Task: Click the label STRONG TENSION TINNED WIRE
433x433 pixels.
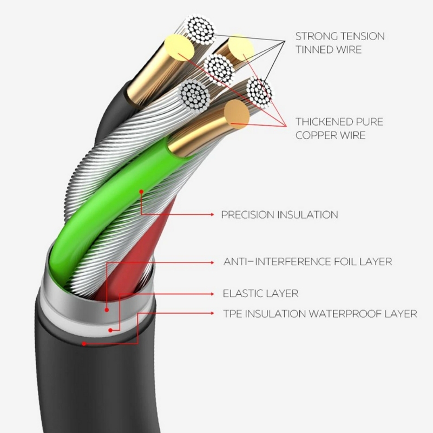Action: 340,43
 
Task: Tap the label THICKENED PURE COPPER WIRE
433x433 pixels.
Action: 339,128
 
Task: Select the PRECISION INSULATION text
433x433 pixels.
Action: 279,214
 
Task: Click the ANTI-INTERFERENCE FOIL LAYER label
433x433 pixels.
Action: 307,261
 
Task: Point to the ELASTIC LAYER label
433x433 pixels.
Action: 260,293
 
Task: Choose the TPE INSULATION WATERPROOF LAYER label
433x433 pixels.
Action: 320,314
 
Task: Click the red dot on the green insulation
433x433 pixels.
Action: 141,192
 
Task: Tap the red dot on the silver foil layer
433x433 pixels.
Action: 107,310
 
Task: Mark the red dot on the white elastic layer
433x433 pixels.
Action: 110,330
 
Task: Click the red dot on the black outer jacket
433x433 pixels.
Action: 84,344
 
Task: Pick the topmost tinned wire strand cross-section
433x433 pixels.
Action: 200,29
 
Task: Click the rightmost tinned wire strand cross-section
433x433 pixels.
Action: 259,91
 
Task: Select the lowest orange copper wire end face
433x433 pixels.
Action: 237,114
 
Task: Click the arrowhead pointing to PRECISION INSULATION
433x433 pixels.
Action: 212,214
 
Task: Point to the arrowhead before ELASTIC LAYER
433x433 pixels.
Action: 212,294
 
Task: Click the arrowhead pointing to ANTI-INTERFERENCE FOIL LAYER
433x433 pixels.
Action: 212,263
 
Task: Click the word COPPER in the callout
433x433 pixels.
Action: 313,135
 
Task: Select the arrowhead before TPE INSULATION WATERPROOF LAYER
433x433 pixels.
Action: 212,313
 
